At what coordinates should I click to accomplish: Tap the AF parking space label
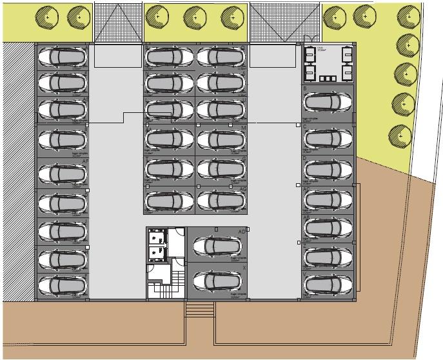pos(84,163)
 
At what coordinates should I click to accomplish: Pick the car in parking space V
pos(328,284)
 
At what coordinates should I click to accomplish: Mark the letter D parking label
pos(304,158)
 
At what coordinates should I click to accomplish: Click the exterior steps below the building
pos(199,309)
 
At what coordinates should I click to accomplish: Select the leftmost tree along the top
pos(47,16)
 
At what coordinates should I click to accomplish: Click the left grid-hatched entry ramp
pos(118,22)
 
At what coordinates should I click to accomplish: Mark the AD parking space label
pos(242,231)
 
